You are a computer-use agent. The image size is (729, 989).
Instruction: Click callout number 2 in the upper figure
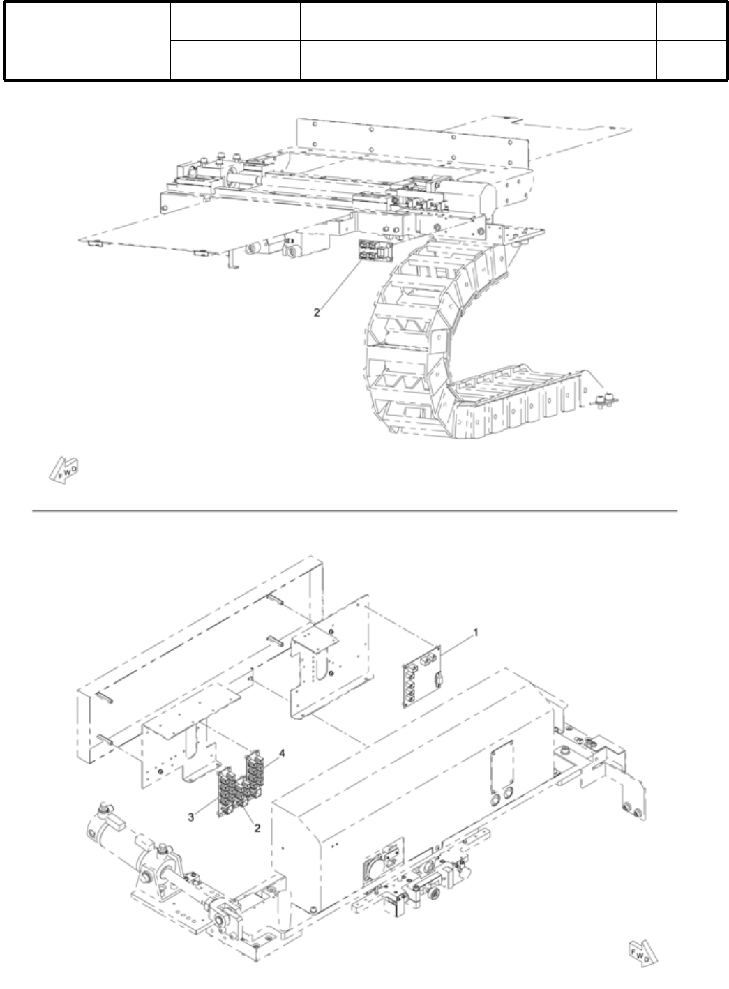click(316, 312)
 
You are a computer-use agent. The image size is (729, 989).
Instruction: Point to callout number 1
click(476, 632)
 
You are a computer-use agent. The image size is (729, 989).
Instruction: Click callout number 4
click(282, 754)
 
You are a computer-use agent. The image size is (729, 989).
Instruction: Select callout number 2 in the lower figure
click(257, 828)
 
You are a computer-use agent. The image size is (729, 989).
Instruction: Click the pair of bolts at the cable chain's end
click(606, 400)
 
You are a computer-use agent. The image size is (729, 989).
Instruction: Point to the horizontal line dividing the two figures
click(356, 511)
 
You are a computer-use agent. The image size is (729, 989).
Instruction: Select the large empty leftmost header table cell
click(87, 40)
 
